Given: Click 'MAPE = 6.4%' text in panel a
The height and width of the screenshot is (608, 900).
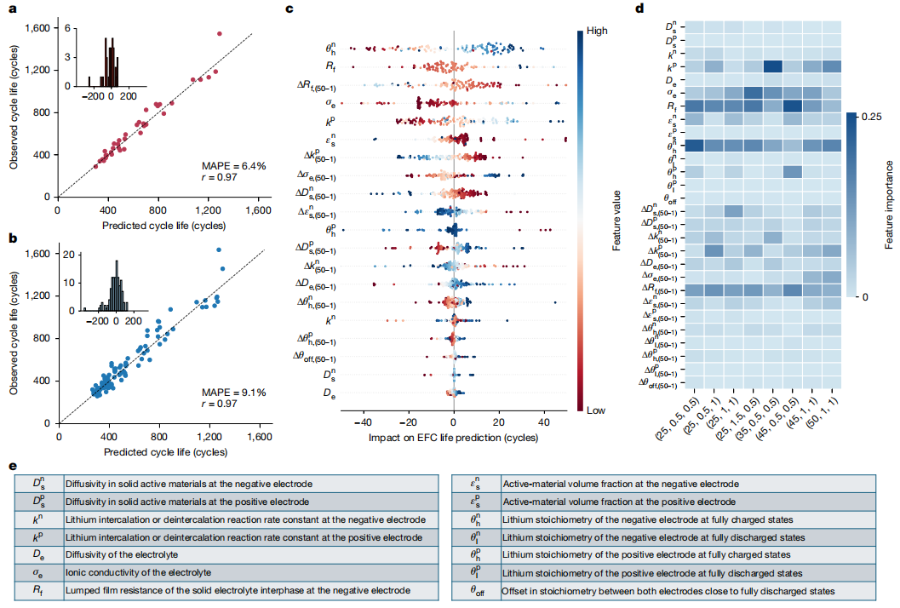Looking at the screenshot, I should click(x=234, y=164).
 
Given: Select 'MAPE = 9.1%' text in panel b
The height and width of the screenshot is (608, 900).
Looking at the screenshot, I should click(x=234, y=393).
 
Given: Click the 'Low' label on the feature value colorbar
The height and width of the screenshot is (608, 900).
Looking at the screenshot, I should click(x=594, y=410).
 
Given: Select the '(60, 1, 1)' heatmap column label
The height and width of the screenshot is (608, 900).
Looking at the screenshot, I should click(x=830, y=411).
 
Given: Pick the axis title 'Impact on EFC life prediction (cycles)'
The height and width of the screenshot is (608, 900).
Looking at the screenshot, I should click(x=453, y=437).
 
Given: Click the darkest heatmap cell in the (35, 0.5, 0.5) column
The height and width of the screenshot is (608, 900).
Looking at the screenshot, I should click(x=773, y=66).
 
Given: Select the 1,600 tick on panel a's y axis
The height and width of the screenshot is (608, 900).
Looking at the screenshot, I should click(x=37, y=28).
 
